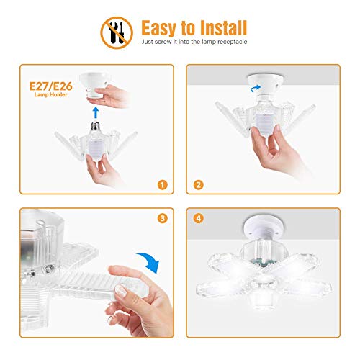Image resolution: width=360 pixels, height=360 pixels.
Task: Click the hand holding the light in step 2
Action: [x=277, y=155]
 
